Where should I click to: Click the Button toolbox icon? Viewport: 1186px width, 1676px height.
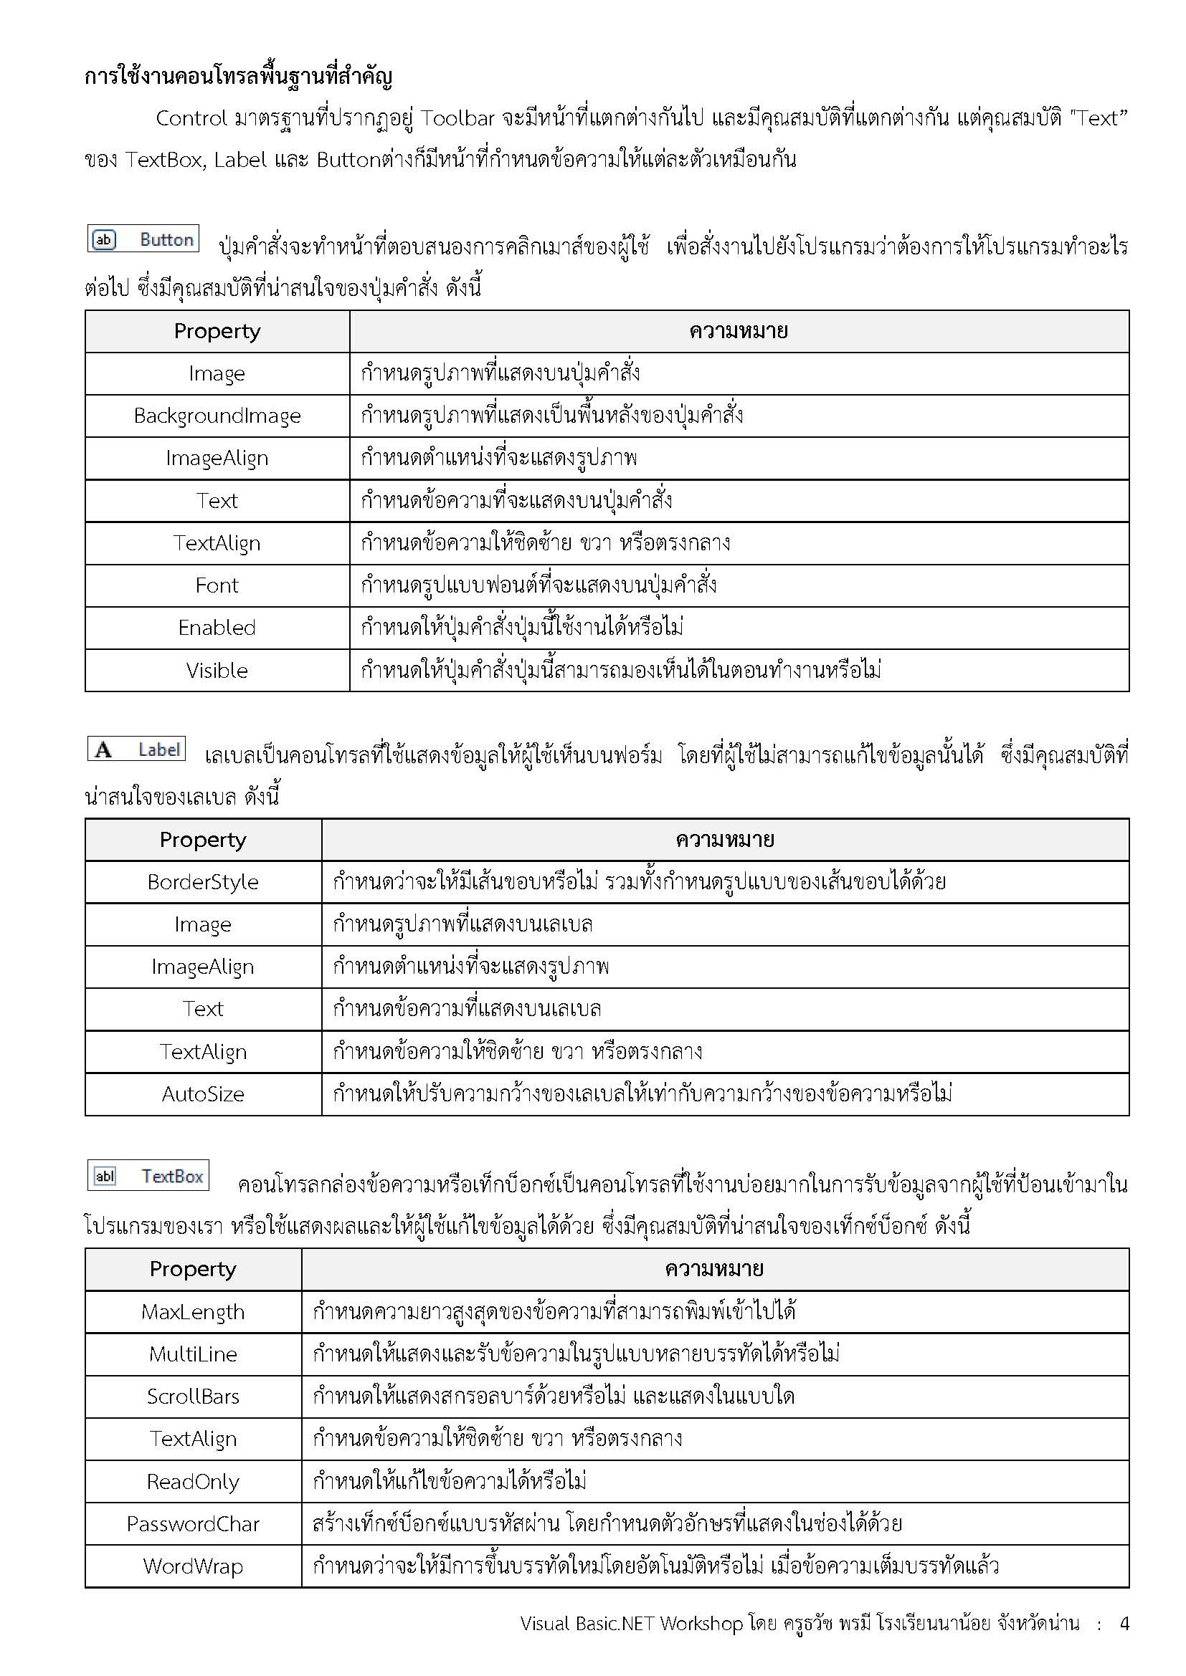143,239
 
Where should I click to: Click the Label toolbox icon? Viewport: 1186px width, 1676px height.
136,749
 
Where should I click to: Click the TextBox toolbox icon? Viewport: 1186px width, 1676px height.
148,1176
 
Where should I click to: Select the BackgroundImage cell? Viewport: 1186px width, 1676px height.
217,416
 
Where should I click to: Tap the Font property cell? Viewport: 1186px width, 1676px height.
217,585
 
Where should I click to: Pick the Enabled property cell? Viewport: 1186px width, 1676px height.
217,628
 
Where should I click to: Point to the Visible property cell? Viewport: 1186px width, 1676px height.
217,671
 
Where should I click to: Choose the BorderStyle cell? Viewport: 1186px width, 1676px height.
203,882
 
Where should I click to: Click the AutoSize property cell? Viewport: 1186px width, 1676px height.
203,1094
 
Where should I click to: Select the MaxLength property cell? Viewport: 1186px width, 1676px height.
193,1313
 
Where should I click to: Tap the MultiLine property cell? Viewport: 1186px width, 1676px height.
193,1355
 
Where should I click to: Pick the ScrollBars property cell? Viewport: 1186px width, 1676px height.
193,1397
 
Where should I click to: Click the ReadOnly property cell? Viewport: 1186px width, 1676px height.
193,1482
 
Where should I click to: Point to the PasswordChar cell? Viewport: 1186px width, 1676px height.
193,1524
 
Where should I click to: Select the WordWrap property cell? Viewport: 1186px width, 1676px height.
193,1566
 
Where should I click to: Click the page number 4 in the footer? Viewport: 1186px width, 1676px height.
1124,1624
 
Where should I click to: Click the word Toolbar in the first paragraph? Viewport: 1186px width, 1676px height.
458,118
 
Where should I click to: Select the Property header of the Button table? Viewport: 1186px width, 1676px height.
217,332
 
